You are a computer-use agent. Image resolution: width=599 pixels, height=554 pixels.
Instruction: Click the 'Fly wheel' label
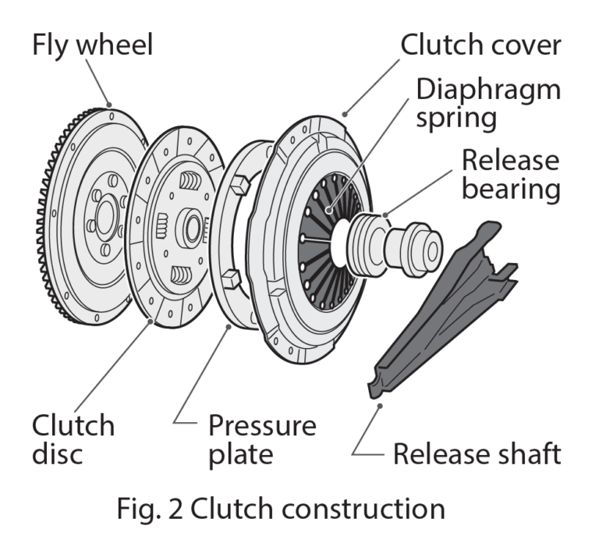pos(92,44)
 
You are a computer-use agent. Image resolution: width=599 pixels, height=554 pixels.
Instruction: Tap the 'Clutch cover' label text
pos(480,44)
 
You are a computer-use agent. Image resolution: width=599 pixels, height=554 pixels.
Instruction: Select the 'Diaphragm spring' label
pos(487,103)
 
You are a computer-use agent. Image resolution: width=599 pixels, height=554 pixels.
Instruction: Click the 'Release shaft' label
pos(477,453)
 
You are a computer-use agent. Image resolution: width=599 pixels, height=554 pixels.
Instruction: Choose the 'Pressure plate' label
pos(262,440)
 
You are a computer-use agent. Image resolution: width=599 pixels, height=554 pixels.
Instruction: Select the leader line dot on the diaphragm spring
pos(330,210)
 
